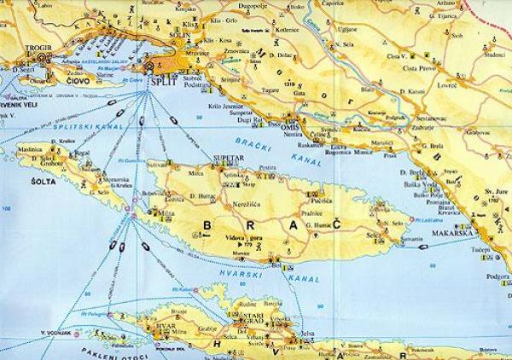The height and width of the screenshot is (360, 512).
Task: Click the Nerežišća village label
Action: (x=246, y=206)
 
